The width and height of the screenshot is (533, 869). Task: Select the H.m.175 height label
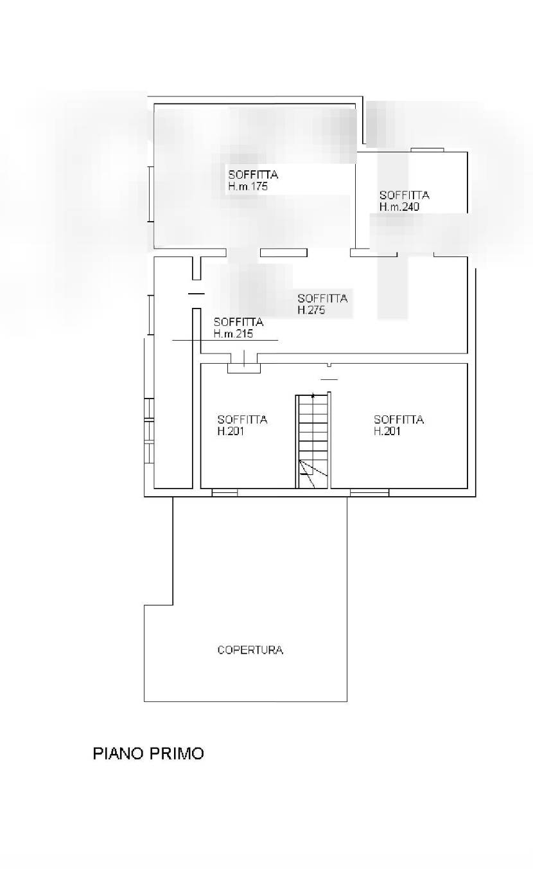248,186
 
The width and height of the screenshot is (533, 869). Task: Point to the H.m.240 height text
399,207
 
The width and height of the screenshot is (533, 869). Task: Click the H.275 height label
311,310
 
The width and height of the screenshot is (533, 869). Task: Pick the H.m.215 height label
233,334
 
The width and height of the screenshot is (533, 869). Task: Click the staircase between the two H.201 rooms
313,441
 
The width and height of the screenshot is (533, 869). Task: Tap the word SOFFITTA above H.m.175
253,175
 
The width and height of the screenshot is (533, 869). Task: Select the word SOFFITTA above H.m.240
405,195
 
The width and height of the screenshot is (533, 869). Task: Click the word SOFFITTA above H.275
322,298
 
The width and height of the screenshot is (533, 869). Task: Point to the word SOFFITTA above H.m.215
238,322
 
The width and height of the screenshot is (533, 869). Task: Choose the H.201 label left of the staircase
231,431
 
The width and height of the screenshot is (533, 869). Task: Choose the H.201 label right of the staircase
387,431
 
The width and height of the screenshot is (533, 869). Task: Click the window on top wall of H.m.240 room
427,150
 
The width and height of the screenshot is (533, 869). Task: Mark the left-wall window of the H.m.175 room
151,194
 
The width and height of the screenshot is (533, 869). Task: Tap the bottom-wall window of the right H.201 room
370,492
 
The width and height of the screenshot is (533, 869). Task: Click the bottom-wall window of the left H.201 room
225,492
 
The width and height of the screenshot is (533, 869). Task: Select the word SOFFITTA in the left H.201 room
242,419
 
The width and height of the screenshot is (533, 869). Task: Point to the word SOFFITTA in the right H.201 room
399,419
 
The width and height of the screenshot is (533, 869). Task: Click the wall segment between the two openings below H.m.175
283,253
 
